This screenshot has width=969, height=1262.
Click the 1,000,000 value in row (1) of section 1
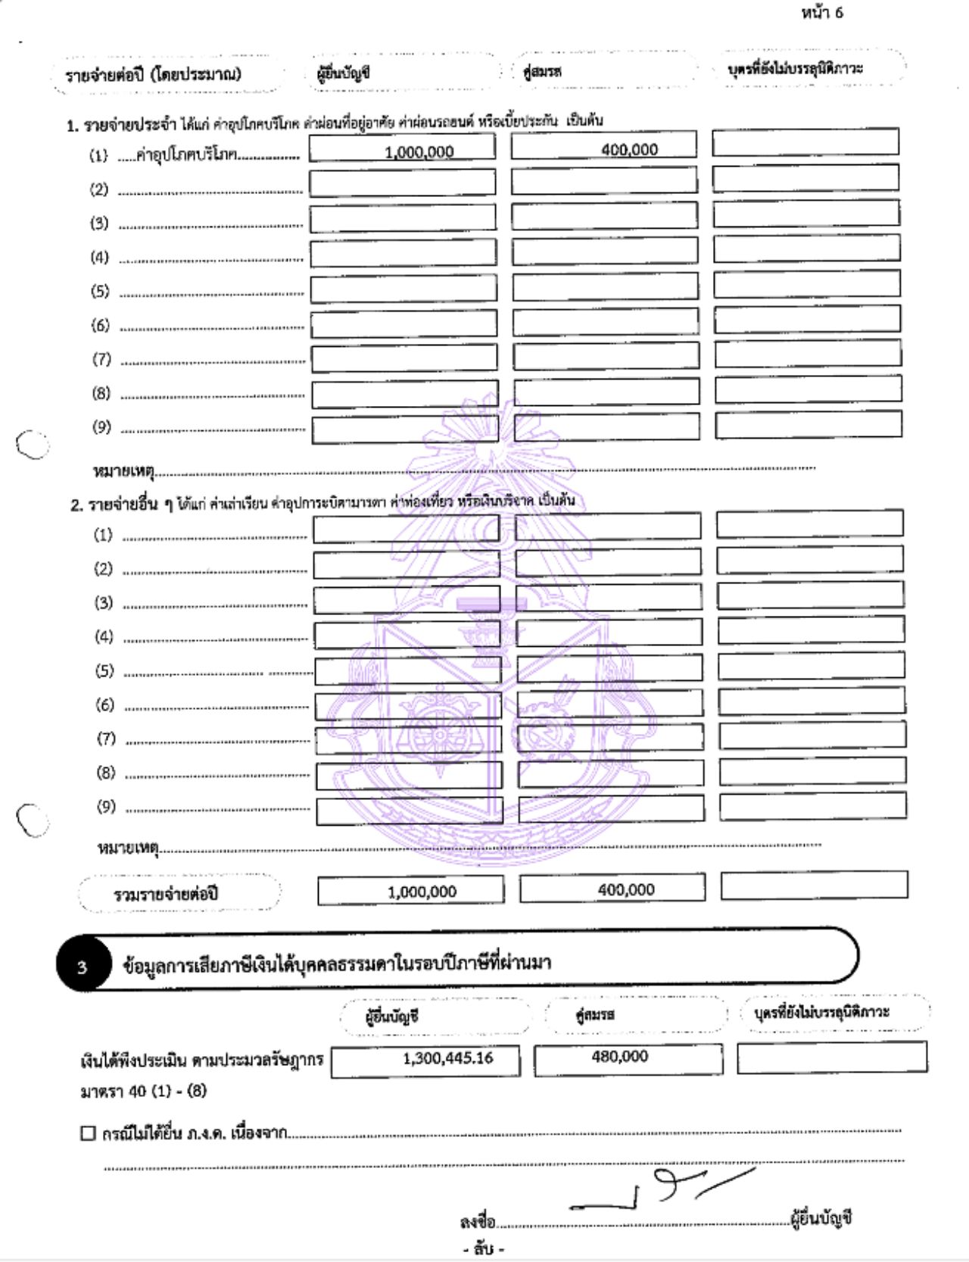[419, 152]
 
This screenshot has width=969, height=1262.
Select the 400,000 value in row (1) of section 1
[629, 150]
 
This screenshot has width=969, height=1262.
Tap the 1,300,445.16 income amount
[447, 1058]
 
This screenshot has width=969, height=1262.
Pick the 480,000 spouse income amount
[619, 1057]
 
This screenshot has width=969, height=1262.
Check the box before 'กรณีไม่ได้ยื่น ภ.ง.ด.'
[88, 1133]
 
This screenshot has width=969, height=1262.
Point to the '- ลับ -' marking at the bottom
[484, 1248]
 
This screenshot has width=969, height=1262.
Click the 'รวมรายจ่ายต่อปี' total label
[166, 894]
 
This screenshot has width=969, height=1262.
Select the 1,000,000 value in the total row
[422, 892]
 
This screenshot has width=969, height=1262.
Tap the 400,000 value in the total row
[625, 890]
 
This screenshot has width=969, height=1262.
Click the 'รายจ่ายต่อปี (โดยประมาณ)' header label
[153, 74]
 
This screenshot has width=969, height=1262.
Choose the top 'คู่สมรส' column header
[541, 72]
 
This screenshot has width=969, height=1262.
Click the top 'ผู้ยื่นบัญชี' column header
[343, 73]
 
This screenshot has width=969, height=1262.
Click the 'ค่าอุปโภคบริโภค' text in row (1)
[186, 155]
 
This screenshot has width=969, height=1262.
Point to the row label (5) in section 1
[100, 292]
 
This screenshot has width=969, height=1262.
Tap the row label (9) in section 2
[105, 807]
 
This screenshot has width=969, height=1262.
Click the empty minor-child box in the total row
[814, 886]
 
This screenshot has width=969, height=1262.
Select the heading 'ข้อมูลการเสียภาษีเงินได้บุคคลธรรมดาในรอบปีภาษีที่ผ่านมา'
[337, 964]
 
